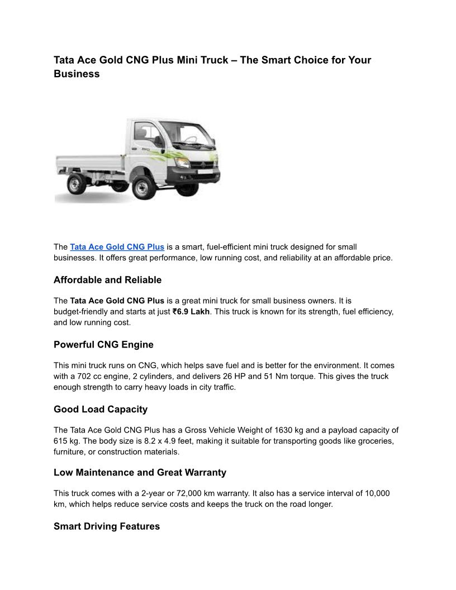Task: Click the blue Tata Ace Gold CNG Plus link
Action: click(117, 246)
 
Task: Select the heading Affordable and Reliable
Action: click(107, 280)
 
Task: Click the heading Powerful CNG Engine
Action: click(103, 344)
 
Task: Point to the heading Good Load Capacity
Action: click(101, 409)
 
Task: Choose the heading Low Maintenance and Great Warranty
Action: click(140, 472)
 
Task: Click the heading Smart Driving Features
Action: click(107, 526)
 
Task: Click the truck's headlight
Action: click(182, 163)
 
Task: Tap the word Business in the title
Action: click(77, 74)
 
